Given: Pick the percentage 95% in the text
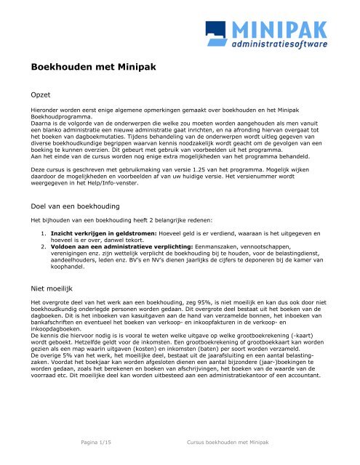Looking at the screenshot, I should coord(219,299).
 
